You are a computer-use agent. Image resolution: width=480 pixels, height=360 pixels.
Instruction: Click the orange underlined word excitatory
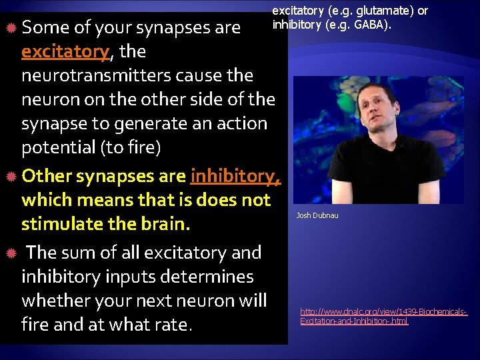click(x=64, y=51)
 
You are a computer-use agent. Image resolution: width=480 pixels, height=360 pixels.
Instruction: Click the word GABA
click(x=373, y=25)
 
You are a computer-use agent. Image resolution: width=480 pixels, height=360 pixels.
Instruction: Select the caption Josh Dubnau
click(x=317, y=215)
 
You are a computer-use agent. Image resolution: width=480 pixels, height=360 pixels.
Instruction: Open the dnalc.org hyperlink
click(x=383, y=316)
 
